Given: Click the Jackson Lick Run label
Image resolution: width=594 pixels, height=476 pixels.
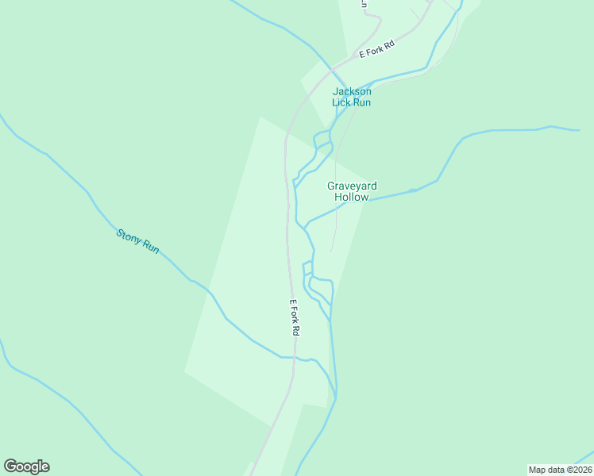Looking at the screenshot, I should coord(352,97).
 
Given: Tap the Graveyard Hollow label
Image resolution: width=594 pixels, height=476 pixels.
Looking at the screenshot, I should coord(352,191).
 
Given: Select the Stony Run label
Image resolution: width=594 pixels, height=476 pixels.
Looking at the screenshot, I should coord(138,241).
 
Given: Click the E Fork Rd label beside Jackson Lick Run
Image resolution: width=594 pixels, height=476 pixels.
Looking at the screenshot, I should coord(377,49).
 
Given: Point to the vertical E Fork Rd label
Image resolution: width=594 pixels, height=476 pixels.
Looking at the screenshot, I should coord(294,317).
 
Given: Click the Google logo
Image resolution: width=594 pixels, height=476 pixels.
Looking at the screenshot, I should coord(26,466).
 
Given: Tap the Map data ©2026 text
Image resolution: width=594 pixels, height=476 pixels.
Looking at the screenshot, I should coord(560,470).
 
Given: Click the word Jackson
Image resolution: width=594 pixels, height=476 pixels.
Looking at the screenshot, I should coord(352,91).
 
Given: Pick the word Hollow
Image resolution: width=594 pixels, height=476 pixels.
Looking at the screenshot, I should coord(352,197).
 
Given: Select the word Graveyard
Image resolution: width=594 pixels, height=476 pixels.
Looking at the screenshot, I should coord(352,186).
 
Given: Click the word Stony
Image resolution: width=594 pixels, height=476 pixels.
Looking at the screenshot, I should coord(128,235).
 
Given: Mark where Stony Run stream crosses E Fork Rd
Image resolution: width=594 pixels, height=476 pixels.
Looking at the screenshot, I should coord(295,358).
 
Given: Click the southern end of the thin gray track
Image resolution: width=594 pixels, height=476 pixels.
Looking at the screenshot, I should coord(331,251).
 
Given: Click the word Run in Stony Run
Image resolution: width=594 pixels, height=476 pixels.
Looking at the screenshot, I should coord(150,248).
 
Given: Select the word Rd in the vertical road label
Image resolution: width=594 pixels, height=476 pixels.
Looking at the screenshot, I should coord(295,330).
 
